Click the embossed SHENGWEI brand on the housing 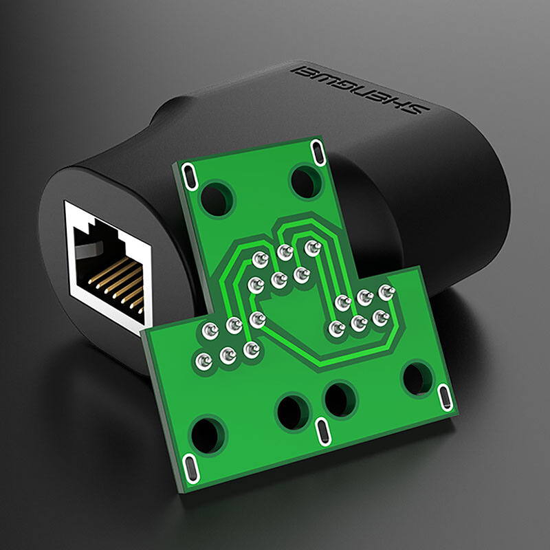coord(360,89)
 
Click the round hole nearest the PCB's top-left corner coord(217,199)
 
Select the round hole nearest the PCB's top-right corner coord(306,181)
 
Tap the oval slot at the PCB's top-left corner coord(190,177)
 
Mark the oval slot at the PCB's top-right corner coord(318,152)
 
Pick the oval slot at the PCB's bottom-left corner coord(190,468)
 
